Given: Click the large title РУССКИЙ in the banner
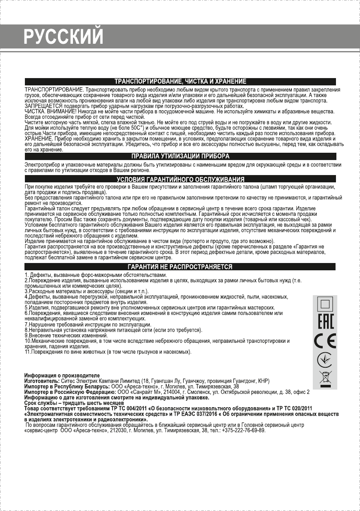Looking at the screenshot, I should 64,36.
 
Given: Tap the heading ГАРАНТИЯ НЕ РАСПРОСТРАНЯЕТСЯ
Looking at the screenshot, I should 180,267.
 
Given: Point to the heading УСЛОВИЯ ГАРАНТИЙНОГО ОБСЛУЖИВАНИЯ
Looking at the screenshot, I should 180,179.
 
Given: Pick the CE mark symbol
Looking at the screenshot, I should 325,341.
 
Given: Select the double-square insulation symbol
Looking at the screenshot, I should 325,305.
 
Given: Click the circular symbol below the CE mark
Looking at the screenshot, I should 325,360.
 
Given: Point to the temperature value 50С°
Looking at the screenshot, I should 136,127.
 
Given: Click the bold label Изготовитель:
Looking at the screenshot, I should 42,381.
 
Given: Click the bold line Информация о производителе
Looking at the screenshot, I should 62,376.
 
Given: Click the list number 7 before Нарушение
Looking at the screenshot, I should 26,324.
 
